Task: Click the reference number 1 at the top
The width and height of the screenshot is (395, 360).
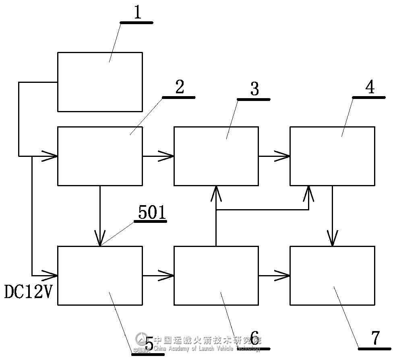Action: pyautogui.click(x=138, y=12)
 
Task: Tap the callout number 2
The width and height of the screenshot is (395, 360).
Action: pyautogui.click(x=180, y=87)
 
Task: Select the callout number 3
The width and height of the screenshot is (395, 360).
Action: pyautogui.click(x=254, y=89)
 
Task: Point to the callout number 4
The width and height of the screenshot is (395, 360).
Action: pyautogui.click(x=370, y=87)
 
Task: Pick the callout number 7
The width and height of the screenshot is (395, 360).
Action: pyautogui.click(x=375, y=338)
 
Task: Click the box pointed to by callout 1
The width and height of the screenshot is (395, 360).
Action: pyautogui.click(x=100, y=82)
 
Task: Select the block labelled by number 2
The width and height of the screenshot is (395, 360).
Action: pyautogui.click(x=100, y=156)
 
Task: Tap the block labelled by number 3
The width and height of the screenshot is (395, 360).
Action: pyautogui.click(x=216, y=156)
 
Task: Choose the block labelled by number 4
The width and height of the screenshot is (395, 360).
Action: pyautogui.click(x=332, y=156)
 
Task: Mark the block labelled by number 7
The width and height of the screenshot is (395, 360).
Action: pyautogui.click(x=332, y=276)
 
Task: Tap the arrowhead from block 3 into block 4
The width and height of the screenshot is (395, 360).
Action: pyautogui.click(x=283, y=156)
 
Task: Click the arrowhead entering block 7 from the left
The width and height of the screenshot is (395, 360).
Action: pyautogui.click(x=283, y=276)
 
